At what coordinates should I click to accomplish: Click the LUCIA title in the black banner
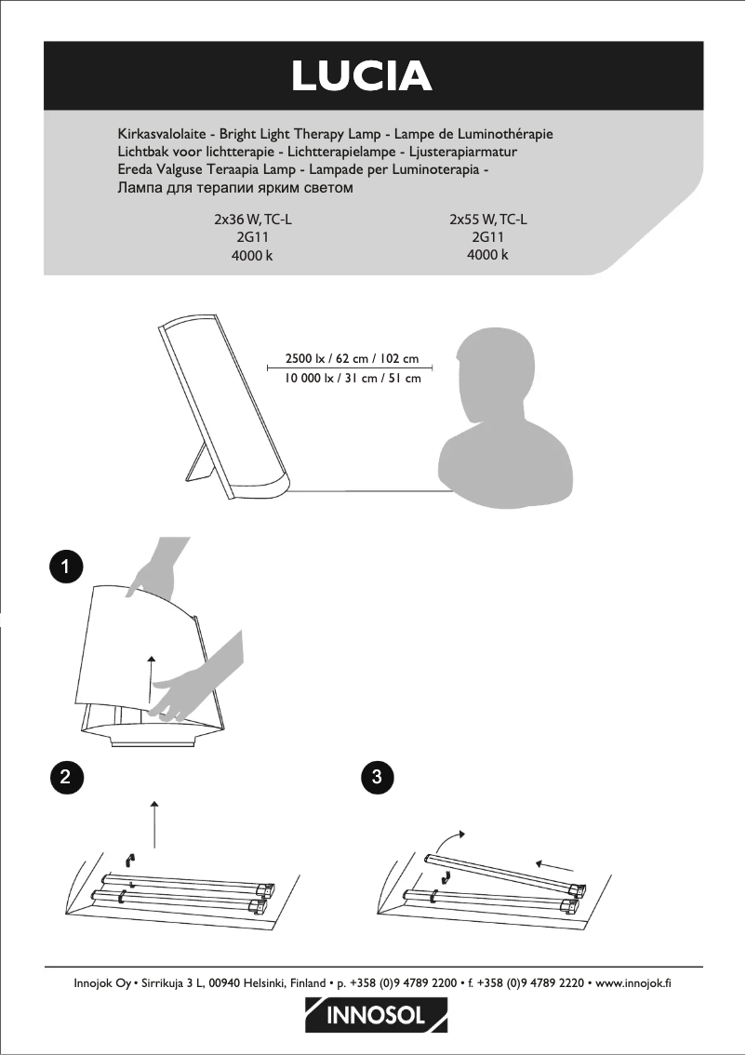[x=362, y=76]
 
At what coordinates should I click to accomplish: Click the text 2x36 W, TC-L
[x=253, y=220]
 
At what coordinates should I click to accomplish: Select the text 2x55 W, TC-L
[x=488, y=220]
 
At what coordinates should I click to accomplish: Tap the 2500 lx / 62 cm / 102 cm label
[x=352, y=358]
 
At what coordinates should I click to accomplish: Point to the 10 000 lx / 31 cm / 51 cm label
[x=352, y=378]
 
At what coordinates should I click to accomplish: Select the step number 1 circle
[x=65, y=567]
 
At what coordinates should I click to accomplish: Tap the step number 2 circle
[x=65, y=777]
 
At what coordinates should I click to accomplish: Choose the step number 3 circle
[x=377, y=777]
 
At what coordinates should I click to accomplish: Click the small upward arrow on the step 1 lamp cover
[x=152, y=679]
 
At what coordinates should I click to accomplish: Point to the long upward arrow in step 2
[x=154, y=824]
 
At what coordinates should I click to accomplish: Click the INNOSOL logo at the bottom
[x=376, y=1015]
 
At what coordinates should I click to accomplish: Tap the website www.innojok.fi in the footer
[x=633, y=983]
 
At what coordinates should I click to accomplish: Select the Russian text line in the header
[x=234, y=188]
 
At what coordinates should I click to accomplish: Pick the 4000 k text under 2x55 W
[x=487, y=255]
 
